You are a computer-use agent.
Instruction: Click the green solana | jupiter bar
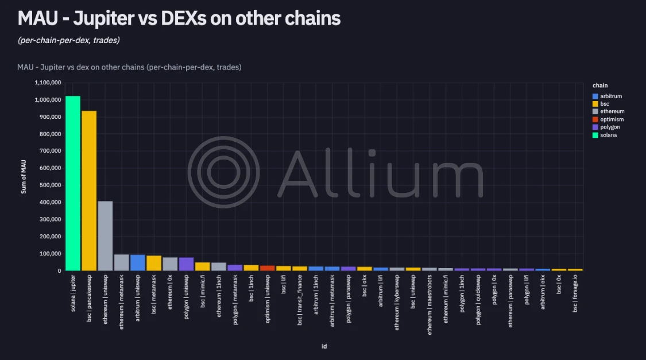click(73, 183)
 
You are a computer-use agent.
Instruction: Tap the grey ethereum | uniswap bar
click(105, 236)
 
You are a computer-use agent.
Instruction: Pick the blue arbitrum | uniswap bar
click(137, 262)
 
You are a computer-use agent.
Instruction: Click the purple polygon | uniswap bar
click(186, 264)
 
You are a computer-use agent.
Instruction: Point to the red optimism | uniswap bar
click(267, 268)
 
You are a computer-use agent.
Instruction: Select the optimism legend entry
click(610, 119)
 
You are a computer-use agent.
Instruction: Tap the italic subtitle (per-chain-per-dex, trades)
click(68, 40)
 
